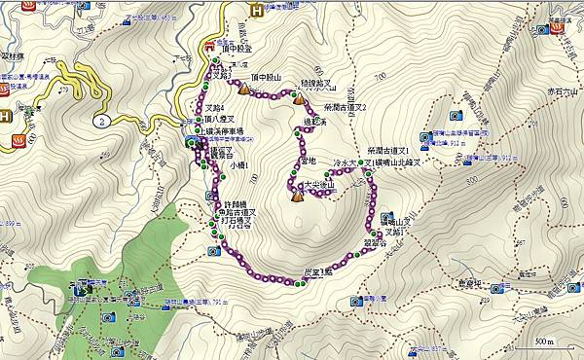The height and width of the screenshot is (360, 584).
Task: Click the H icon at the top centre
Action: coord(256,12)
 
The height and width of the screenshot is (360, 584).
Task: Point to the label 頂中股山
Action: coord(265,76)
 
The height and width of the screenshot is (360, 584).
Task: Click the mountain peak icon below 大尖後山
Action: coord(297,197)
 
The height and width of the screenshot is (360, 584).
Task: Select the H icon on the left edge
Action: coord(6,117)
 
